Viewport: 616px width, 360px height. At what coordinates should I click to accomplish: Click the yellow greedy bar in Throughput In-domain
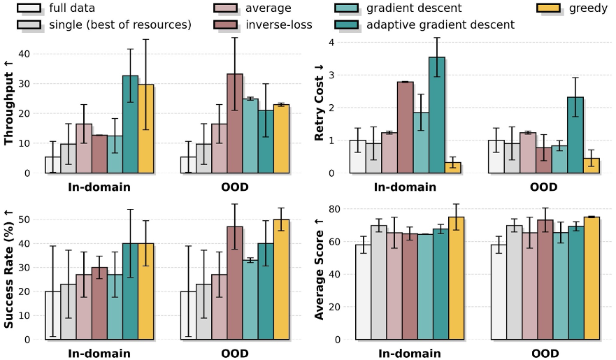[x=145, y=129]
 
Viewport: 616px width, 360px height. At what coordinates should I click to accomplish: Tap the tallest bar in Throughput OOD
[x=234, y=123]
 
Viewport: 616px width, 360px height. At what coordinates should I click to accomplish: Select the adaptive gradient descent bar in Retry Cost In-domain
[x=436, y=115]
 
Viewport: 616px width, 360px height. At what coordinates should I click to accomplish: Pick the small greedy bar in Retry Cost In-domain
[x=452, y=168]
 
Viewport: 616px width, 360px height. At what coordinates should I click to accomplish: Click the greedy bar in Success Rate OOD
[x=280, y=280]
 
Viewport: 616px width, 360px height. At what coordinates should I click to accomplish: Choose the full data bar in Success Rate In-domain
[x=52, y=315]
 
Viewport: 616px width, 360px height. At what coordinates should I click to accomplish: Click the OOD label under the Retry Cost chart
[x=544, y=187]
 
